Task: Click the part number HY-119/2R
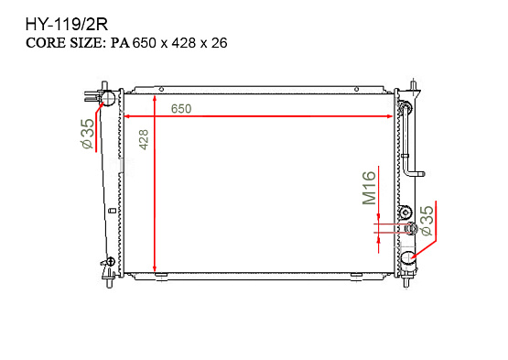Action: [67, 25]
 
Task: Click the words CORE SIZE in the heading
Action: [66, 43]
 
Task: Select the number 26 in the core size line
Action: [220, 43]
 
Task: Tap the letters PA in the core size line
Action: [120, 43]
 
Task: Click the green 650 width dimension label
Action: [181, 109]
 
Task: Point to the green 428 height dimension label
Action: [144, 139]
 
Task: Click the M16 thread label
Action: [370, 188]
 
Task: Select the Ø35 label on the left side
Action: [88, 134]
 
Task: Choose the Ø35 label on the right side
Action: [427, 221]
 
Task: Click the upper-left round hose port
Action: [108, 98]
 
